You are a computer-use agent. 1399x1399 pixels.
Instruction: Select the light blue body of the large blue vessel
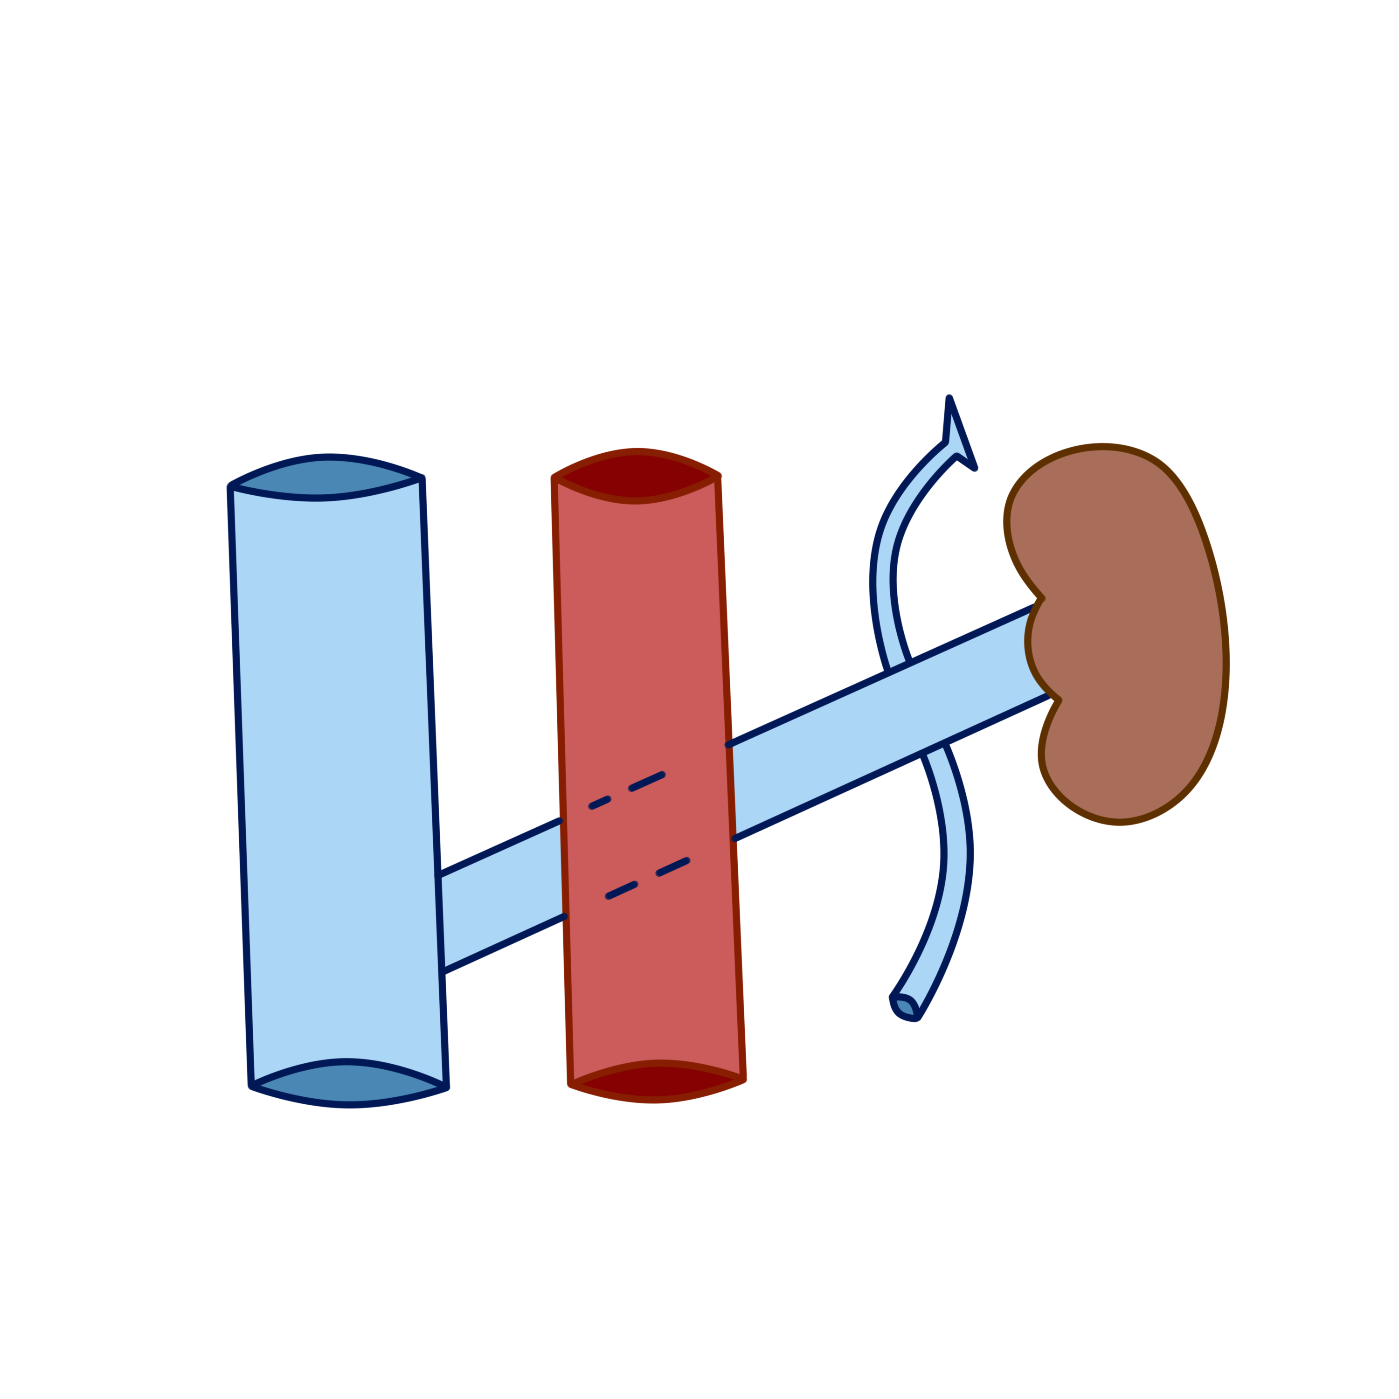tap(337, 760)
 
